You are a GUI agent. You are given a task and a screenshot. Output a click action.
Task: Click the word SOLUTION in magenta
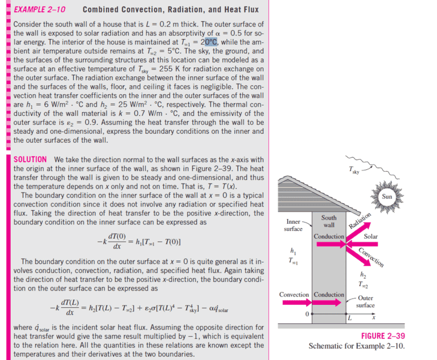[29, 159]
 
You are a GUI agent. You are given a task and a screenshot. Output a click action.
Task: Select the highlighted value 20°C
[209, 42]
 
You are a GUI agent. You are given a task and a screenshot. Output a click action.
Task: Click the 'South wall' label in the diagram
[328, 221]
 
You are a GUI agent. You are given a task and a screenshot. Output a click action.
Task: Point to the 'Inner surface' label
[293, 225]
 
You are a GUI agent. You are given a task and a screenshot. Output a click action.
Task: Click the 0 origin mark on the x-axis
[307, 314]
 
